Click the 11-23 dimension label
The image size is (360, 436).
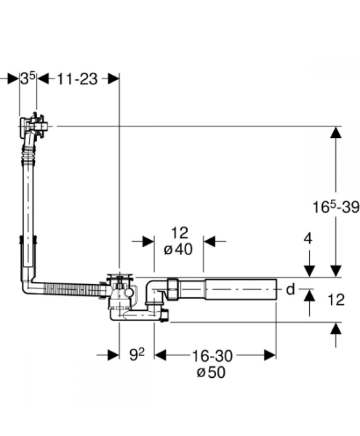pos(77,79)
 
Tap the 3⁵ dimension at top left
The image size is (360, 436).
pos(28,78)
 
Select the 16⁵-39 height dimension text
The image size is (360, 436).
pos(336,207)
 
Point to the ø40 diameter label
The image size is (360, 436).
pos(178,249)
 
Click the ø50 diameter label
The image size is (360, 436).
pos(211,372)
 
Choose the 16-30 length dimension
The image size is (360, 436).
pos(212,355)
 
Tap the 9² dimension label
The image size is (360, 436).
pos(137,355)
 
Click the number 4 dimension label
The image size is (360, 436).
pos(308,238)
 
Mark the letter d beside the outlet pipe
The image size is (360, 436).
pos(290,289)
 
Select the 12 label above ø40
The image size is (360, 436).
pos(180,233)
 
